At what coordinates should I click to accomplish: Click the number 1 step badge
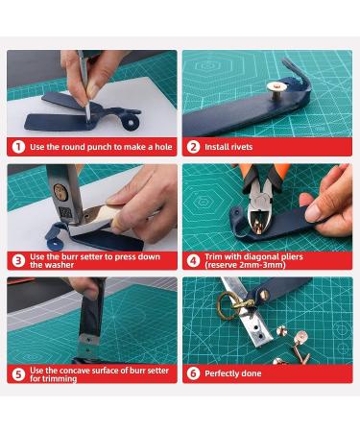(x=17, y=147)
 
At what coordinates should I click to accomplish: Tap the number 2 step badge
(x=193, y=147)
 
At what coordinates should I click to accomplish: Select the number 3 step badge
(x=17, y=259)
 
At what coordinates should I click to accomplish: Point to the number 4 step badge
(x=193, y=259)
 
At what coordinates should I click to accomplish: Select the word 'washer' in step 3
(x=61, y=265)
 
